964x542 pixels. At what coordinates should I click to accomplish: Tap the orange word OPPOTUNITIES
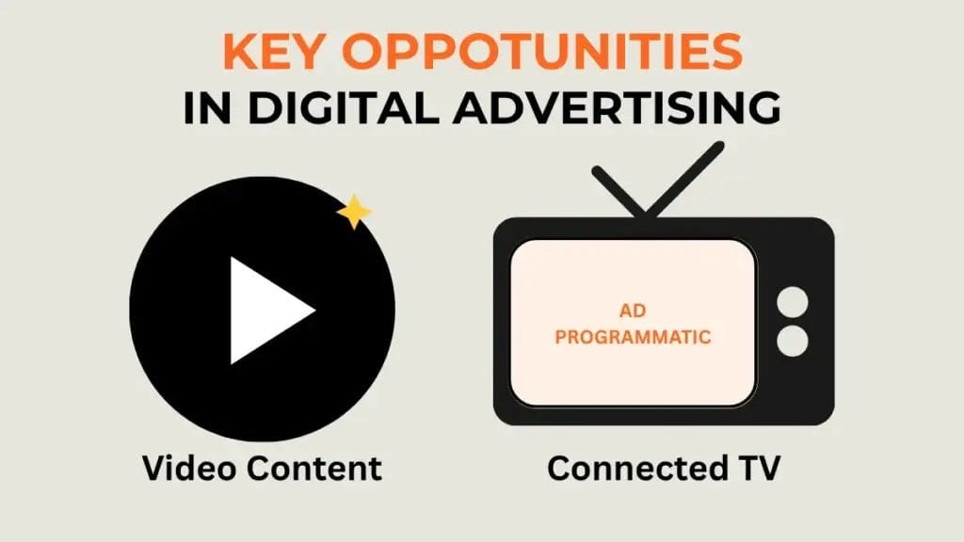542,51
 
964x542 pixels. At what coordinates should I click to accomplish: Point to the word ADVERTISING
618,108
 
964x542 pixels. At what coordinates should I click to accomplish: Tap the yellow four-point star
354,212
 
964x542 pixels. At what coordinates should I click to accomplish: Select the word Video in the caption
189,469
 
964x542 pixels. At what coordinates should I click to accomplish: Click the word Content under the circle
314,469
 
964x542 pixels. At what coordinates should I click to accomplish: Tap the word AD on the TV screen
633,311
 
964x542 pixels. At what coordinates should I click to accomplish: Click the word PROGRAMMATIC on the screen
633,338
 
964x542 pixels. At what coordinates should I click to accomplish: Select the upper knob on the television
793,302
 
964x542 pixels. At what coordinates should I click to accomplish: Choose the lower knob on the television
793,341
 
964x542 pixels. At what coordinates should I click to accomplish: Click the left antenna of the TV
619,190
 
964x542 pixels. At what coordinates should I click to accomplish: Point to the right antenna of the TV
685,179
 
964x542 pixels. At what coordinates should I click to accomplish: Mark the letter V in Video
156,469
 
